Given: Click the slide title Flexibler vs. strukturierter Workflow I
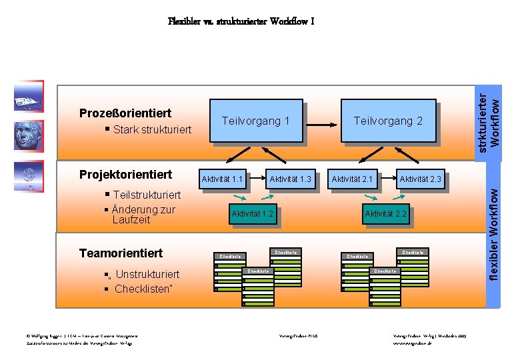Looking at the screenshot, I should click(241, 21).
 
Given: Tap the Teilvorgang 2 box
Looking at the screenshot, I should click(387, 121).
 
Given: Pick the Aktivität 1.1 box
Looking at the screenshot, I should click(222, 179).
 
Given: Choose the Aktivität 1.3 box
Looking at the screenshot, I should click(290, 179).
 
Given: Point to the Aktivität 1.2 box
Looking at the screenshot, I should click(251, 214).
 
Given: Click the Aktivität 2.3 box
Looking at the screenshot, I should click(420, 179).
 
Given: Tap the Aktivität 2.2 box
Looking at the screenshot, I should click(385, 214).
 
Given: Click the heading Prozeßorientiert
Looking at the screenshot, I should click(125, 113).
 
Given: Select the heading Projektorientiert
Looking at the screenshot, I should click(125, 175).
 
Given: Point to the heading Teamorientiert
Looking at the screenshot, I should click(121, 253).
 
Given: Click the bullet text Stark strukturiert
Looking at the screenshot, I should click(152, 129).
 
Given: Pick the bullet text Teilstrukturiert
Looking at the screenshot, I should click(147, 195).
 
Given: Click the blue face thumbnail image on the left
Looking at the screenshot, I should click(28, 136).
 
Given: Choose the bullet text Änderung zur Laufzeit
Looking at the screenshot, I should click(143, 214).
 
